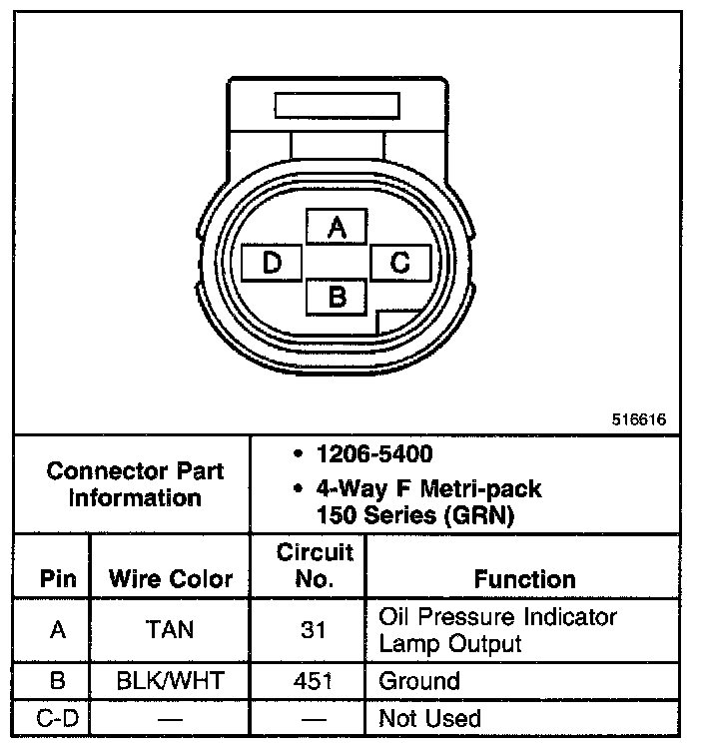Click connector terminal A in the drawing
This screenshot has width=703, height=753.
pyautogui.click(x=337, y=229)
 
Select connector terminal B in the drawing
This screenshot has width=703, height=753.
pyautogui.click(x=337, y=296)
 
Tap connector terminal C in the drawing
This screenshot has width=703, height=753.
pyautogui.click(x=399, y=263)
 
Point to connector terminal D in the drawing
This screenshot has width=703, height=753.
pyautogui.click(x=273, y=263)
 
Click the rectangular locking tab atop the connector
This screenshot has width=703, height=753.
pyautogui.click(x=338, y=106)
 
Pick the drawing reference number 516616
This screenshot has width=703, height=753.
pyautogui.click(x=638, y=419)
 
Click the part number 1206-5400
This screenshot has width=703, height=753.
pyautogui.click(x=373, y=454)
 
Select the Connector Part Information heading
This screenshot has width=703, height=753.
pyautogui.click(x=135, y=483)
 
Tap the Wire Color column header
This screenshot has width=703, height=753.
pyautogui.click(x=170, y=578)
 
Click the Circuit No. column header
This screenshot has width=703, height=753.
pyautogui.click(x=315, y=565)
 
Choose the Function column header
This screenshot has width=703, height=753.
pyautogui.click(x=524, y=579)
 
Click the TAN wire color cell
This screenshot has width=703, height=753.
pyautogui.click(x=170, y=630)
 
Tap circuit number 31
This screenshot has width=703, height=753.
pyautogui.click(x=315, y=630)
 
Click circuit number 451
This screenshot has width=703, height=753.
pyautogui.click(x=315, y=681)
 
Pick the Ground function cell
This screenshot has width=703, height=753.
pyautogui.click(x=419, y=681)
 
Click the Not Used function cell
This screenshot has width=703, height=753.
pyautogui.click(x=429, y=717)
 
